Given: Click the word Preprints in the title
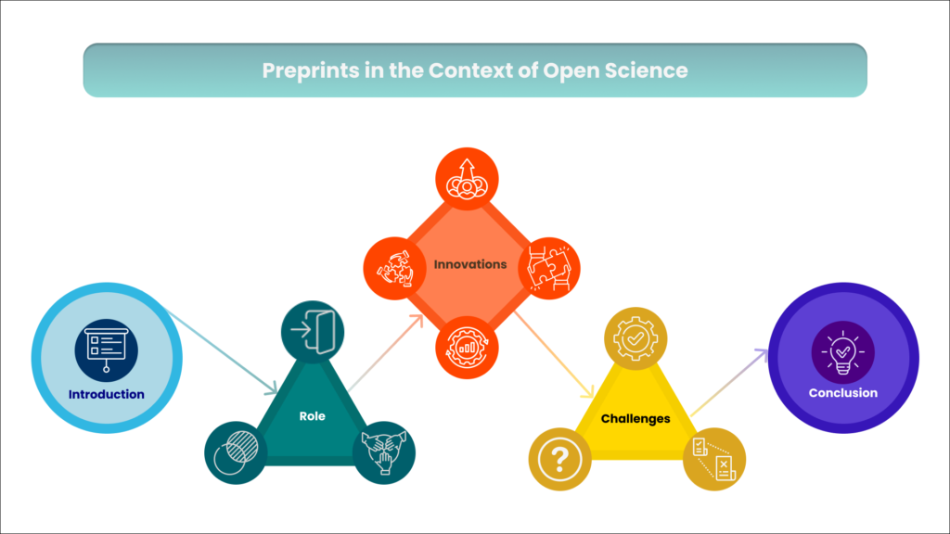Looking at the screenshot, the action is [310, 70].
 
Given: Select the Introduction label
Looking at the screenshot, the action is [106, 394].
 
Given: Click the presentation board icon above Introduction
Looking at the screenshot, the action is [107, 350].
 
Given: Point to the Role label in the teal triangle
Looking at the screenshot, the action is [312, 416].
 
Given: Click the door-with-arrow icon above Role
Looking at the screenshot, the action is [313, 332].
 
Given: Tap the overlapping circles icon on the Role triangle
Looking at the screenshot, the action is [236, 452].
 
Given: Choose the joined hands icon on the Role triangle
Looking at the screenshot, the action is [383, 452].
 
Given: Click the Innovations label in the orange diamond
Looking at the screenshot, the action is [470, 264].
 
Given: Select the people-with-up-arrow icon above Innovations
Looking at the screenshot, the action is [467, 179].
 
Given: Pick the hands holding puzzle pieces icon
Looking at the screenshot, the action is [549, 268].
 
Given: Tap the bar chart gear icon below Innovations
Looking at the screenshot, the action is [467, 348].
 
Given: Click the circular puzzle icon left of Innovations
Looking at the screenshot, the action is [394, 268].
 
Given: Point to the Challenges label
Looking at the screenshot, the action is [635, 418].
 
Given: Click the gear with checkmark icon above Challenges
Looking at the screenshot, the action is [635, 338].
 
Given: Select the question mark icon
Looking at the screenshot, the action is [559, 459].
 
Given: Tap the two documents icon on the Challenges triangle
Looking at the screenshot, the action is [714, 459].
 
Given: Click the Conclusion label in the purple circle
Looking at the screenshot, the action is [842, 393].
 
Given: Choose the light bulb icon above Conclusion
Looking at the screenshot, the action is [842, 352].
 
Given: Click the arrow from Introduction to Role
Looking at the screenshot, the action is [222, 352].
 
